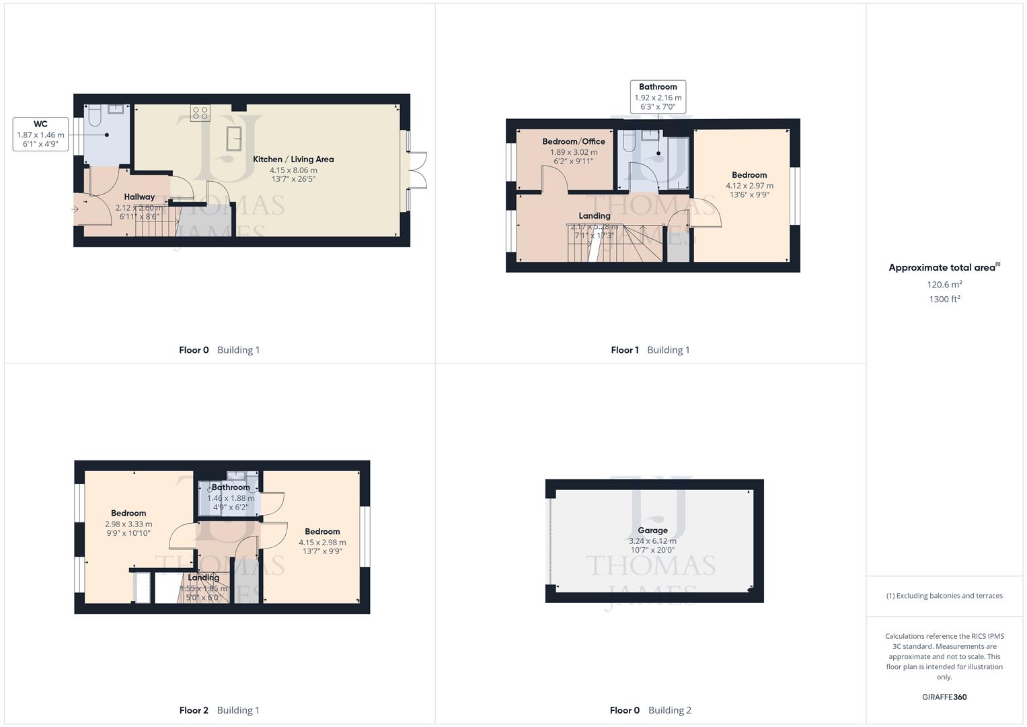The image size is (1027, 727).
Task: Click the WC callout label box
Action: pyautogui.click(x=40, y=134)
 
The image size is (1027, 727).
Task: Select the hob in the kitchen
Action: pyautogui.click(x=200, y=112)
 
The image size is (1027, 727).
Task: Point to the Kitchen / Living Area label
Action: pyautogui.click(x=293, y=160)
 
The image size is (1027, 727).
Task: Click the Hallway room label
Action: pyautogui.click(x=139, y=197)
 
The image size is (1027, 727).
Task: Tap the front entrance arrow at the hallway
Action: pyautogui.click(x=75, y=210)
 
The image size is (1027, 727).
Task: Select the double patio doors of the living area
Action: pyautogui.click(x=418, y=171)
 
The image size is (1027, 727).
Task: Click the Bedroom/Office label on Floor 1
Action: pyautogui.click(x=574, y=141)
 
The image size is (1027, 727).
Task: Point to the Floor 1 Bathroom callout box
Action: pyautogui.click(x=658, y=96)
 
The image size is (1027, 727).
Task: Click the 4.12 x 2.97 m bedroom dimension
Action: pyautogui.click(x=749, y=186)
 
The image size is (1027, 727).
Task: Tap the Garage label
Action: pyautogui.click(x=652, y=530)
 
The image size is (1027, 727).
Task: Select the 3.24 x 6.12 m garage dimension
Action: pyautogui.click(x=652, y=541)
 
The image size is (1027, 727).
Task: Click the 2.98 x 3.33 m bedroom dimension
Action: pyautogui.click(x=128, y=524)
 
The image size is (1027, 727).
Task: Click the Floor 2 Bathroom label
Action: pyautogui.click(x=231, y=487)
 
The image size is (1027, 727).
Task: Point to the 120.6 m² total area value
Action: pyautogui.click(x=944, y=285)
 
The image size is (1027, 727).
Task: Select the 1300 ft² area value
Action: pyautogui.click(x=944, y=300)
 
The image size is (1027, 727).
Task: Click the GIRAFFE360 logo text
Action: pyautogui.click(x=944, y=697)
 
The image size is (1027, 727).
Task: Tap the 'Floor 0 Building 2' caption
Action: pyautogui.click(x=650, y=710)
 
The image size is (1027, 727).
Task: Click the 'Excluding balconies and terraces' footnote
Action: pyautogui.click(x=944, y=596)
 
